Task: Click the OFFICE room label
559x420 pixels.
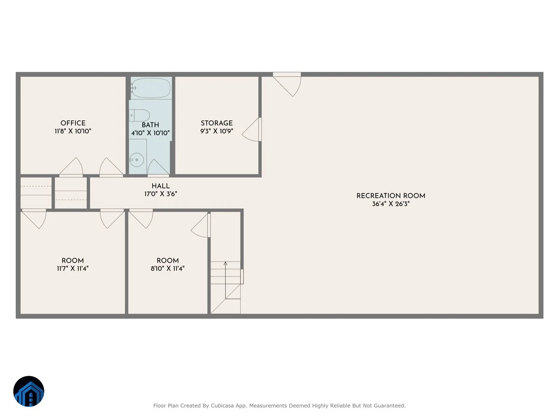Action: coord(73,123)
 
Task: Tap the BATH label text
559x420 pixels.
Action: coord(150,125)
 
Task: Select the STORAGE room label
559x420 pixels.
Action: coord(217,123)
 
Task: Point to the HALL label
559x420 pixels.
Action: coord(160,186)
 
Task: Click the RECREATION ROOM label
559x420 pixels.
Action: coord(391,196)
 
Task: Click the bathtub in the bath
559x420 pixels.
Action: coord(151,88)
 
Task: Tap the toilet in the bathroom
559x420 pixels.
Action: coord(139,116)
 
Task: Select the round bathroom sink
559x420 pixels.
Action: coord(136,160)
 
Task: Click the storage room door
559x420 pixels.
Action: coord(252,130)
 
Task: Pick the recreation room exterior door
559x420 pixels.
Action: coord(287,84)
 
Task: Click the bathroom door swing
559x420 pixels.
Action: coord(158,168)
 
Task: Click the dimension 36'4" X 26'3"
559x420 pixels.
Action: coord(391,204)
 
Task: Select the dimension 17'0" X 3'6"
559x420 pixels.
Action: coord(160,194)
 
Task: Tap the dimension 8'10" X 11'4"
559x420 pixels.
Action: coord(167,268)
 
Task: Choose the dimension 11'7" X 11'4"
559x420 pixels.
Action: coord(73,268)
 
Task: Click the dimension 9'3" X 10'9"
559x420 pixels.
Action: coord(217,131)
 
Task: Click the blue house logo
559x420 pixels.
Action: coord(29,391)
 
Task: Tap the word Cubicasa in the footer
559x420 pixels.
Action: coord(222,406)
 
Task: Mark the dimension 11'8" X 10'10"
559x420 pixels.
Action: coord(73,131)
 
